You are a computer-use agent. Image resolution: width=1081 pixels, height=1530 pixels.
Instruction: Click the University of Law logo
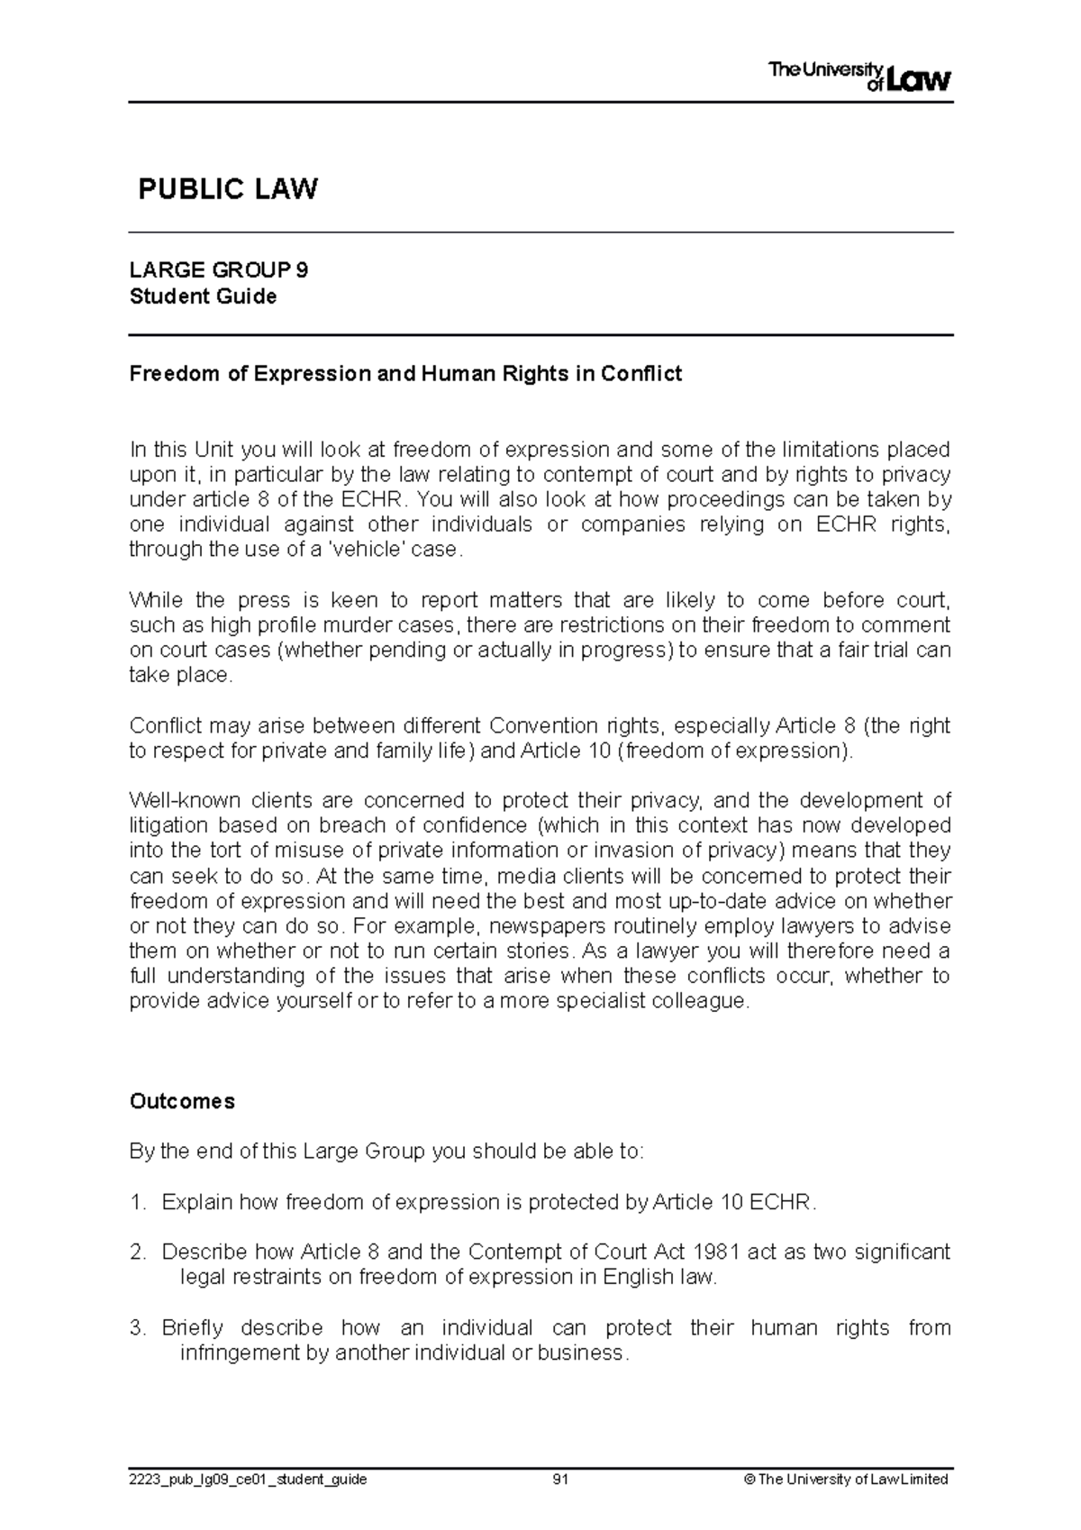pos(859,77)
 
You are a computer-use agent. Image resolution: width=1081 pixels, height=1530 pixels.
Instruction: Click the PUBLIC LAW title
pos(227,189)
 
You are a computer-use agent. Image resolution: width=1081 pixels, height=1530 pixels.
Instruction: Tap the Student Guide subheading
pos(203,296)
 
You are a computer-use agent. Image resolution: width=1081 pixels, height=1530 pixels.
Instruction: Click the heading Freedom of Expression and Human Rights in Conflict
pos(405,373)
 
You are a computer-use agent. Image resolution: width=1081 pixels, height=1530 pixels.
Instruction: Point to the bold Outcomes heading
pos(182,1101)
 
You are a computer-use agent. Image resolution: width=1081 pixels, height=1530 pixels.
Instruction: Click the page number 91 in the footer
pos(560,1479)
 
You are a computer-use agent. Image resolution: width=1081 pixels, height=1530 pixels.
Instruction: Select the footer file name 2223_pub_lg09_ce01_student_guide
pos(248,1480)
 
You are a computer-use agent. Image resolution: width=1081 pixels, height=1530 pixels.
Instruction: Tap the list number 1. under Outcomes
pos(137,1202)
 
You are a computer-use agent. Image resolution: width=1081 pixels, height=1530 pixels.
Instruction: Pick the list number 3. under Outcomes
pos(137,1327)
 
